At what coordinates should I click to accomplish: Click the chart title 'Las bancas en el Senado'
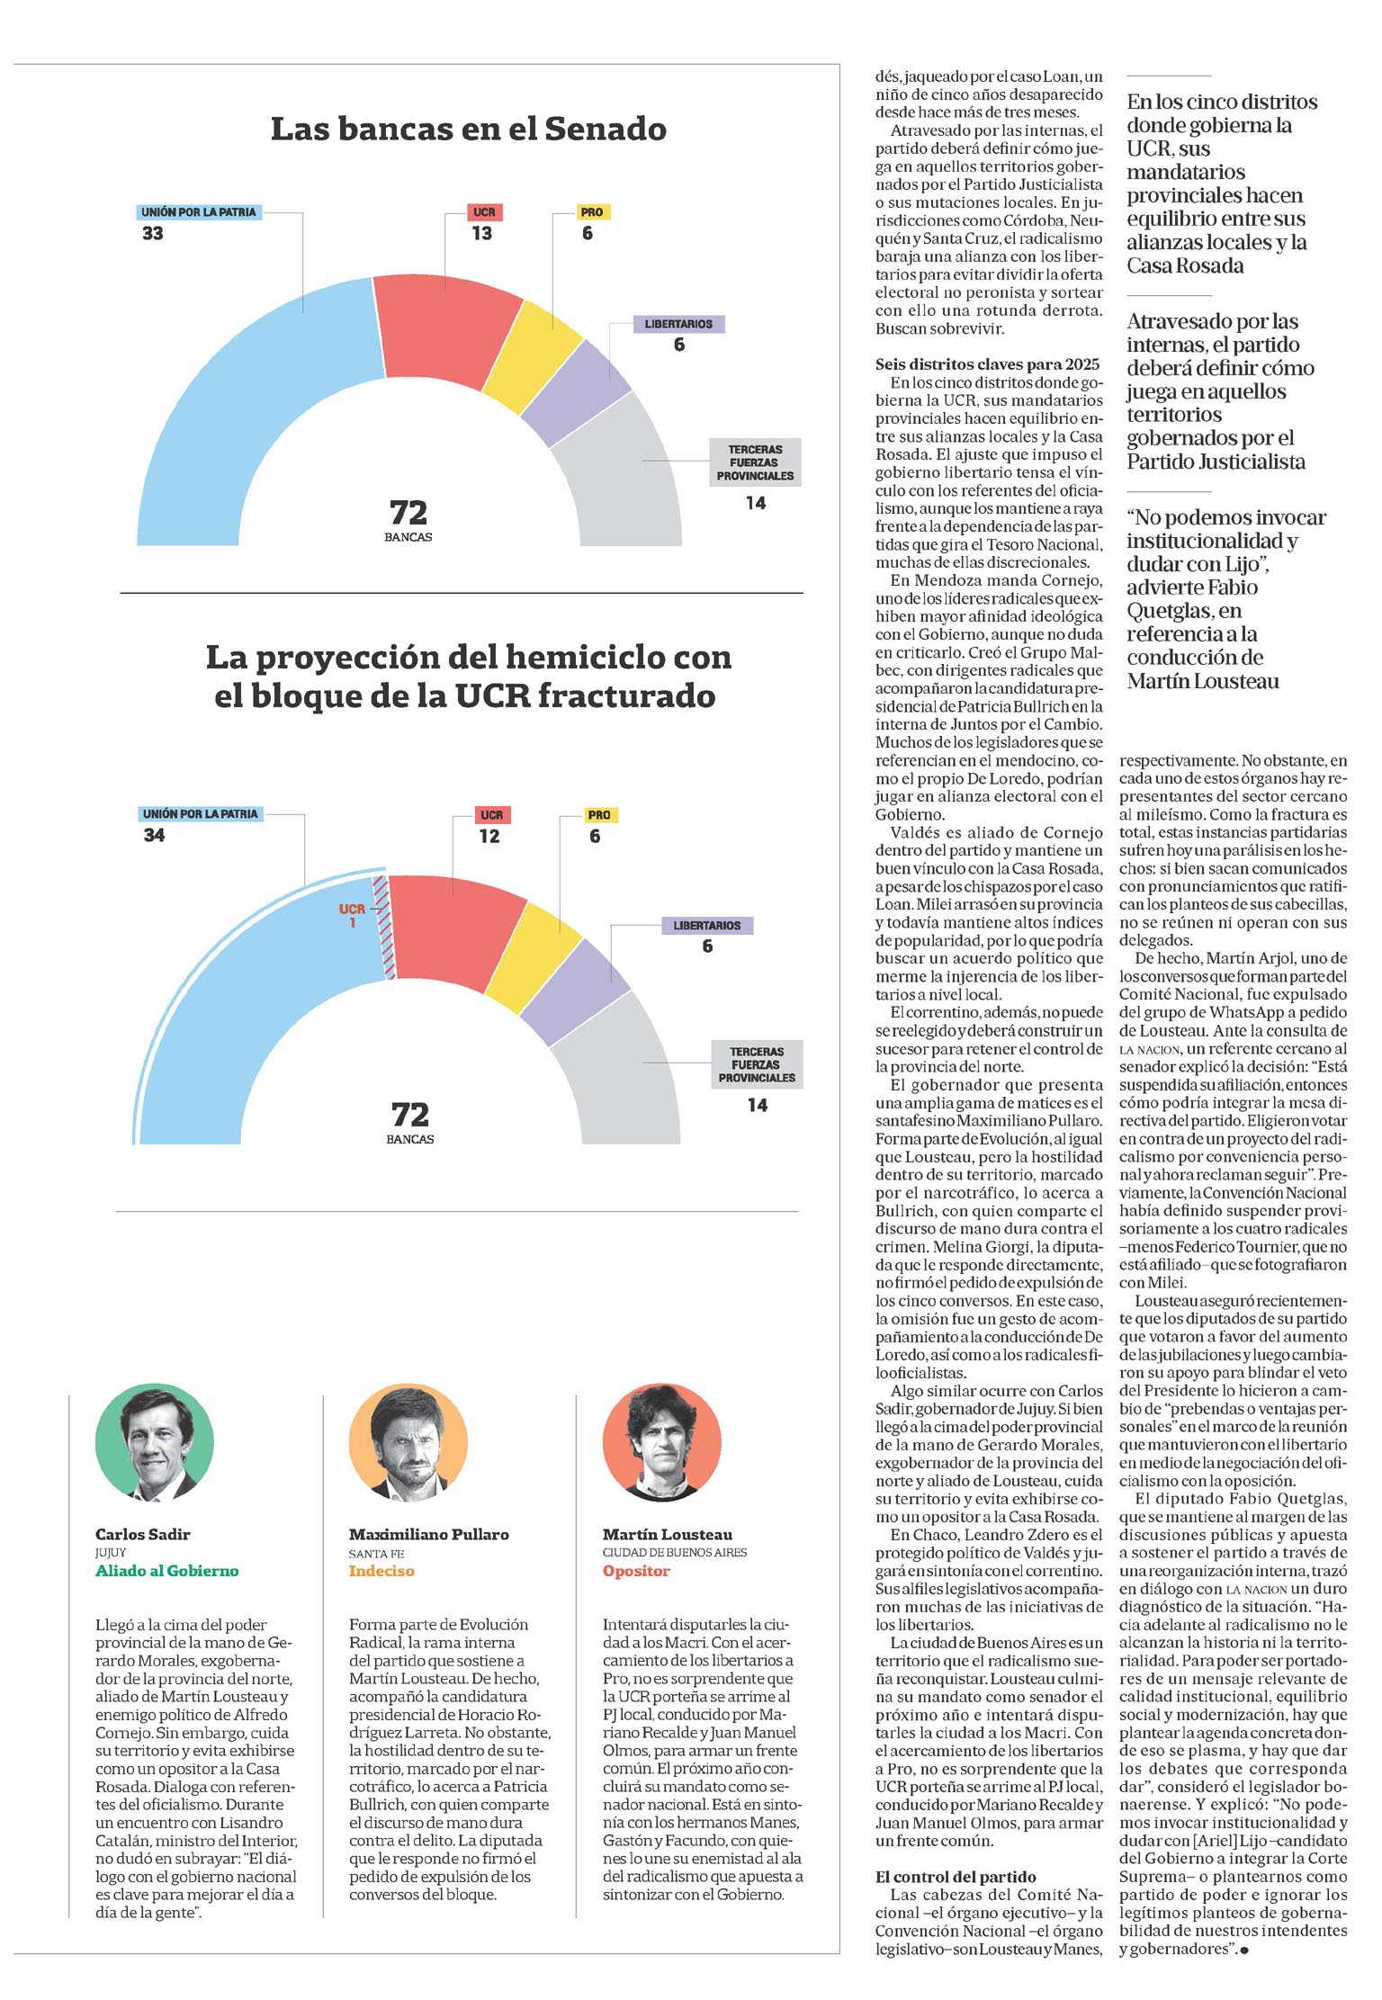click(x=468, y=129)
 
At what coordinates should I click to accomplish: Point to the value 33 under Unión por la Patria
click(x=153, y=234)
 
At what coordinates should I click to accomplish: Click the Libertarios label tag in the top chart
click(x=678, y=324)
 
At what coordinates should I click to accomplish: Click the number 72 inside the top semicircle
click(x=408, y=513)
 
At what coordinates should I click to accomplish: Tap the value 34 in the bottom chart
click(x=154, y=836)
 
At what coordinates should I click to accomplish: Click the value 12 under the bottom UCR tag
click(x=489, y=837)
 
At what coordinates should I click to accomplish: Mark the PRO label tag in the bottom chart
click(x=599, y=815)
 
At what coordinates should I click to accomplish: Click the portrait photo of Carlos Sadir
click(x=155, y=1443)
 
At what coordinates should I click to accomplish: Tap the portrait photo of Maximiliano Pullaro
click(x=408, y=1443)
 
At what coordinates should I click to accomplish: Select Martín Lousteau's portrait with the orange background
click(x=662, y=1443)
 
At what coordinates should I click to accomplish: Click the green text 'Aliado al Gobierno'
click(x=167, y=1571)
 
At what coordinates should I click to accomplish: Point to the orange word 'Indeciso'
click(x=381, y=1571)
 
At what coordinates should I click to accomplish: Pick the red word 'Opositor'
click(x=636, y=1571)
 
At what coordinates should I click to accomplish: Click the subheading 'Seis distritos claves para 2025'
click(x=987, y=364)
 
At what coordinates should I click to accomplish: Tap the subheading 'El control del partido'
click(x=956, y=1877)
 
